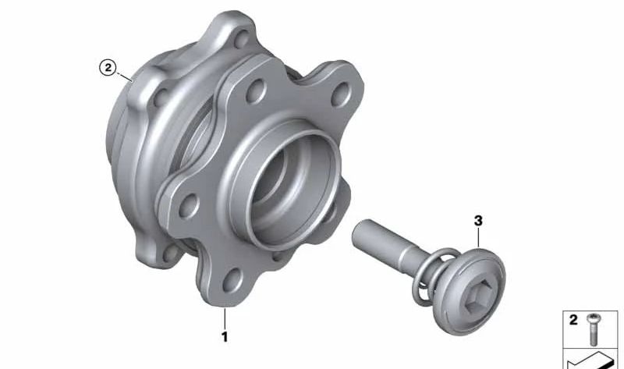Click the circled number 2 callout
coord(108,68)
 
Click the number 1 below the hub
coord(225,337)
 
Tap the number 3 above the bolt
coord(478,221)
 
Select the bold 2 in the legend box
coord(573,320)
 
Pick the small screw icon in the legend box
coord(594,329)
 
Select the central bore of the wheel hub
coord(289,190)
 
